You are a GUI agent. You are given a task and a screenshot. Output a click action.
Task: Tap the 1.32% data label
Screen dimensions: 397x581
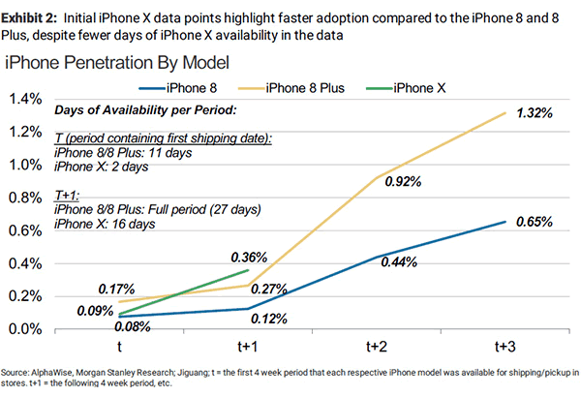(x=535, y=113)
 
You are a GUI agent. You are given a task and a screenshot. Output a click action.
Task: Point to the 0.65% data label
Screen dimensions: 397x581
(x=534, y=223)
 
